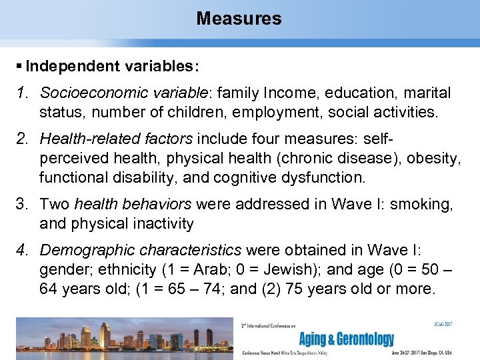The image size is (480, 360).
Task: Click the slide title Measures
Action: [x=239, y=19]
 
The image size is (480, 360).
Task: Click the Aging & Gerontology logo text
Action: [x=346, y=339]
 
